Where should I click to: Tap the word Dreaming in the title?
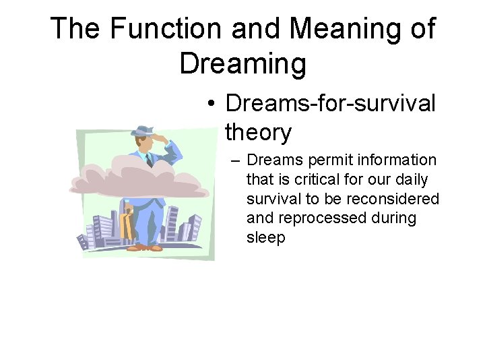243,63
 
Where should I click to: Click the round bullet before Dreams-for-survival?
212,104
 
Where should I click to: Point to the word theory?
258,133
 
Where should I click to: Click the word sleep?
266,238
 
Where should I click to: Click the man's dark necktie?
149,160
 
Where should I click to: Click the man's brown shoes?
145,248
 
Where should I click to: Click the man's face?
143,142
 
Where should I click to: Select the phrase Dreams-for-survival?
330,104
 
